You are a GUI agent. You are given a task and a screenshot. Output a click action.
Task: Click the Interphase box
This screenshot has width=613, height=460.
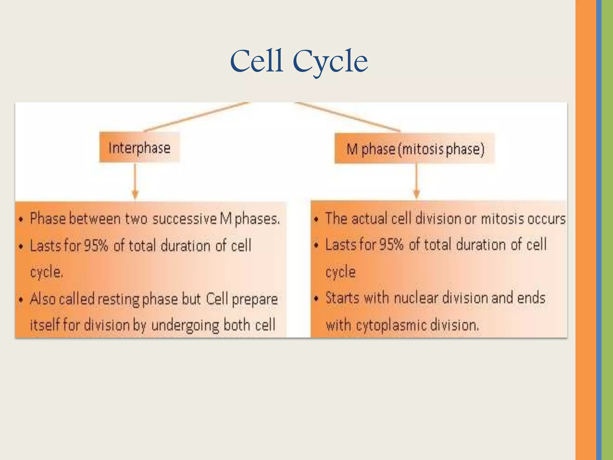pyautogui.click(x=139, y=148)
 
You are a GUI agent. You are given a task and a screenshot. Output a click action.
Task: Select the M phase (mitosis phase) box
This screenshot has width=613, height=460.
pyautogui.click(x=415, y=149)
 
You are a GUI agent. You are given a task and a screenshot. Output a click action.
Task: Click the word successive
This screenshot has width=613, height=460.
pyautogui.click(x=184, y=219)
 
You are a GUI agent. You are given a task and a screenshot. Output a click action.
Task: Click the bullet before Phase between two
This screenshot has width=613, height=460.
pyautogui.click(x=21, y=220)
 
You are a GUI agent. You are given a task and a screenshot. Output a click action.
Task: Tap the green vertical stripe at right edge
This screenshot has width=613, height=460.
pyautogui.click(x=607, y=230)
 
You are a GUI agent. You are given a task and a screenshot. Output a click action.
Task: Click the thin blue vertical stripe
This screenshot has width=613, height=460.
pyautogui.click(x=599, y=230)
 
